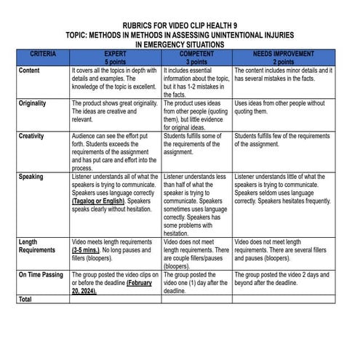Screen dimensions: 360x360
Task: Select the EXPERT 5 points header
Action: click(115, 57)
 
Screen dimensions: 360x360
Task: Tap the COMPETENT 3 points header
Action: click(196, 57)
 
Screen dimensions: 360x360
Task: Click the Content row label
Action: click(30, 71)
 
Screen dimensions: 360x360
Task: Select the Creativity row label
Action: click(32, 136)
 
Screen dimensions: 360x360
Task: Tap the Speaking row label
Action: click(31, 177)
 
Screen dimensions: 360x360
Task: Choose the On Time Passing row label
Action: click(41, 275)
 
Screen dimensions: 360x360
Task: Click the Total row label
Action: click(26, 298)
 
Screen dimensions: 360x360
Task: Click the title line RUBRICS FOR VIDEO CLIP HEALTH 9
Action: click(180, 24)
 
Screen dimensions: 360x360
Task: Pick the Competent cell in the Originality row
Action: click(196, 116)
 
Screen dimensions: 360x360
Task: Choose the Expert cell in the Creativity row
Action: click(115, 152)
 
